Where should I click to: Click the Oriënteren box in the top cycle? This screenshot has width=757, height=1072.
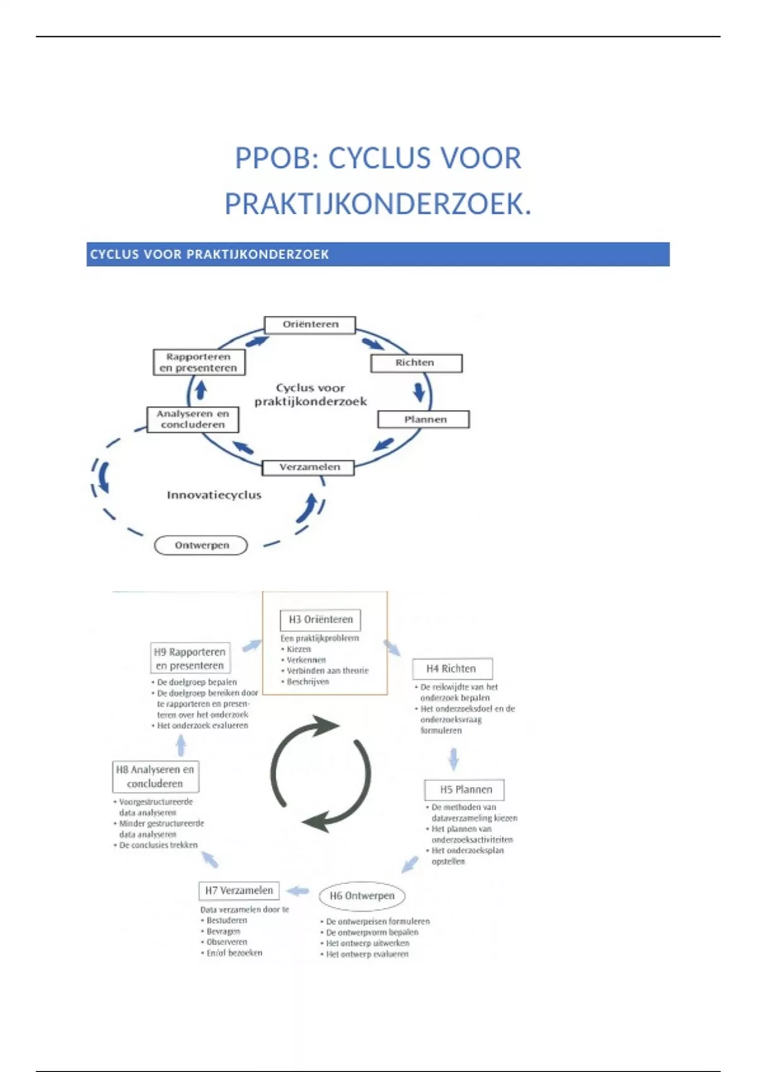(310, 325)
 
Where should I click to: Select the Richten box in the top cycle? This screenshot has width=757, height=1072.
(416, 363)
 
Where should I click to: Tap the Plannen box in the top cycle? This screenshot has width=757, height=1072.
(423, 419)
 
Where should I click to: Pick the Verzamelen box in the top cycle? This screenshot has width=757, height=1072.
(308, 467)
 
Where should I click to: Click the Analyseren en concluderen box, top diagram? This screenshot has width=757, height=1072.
(192, 419)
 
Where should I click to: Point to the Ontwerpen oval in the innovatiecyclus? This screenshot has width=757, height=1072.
(201, 545)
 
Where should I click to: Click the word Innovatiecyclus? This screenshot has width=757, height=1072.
(214, 495)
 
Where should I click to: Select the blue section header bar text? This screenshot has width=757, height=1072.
(209, 254)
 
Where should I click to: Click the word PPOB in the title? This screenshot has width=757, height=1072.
(272, 158)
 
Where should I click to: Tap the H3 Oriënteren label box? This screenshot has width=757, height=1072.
(320, 620)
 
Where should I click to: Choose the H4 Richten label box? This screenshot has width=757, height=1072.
(452, 669)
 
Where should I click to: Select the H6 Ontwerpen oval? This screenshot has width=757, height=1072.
(361, 896)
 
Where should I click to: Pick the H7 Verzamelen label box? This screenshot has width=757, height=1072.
(238, 891)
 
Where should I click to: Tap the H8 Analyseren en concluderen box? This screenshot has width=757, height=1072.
(155, 776)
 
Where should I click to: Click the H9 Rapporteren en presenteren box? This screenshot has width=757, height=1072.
(190, 658)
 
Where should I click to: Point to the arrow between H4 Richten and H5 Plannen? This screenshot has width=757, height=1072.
(453, 759)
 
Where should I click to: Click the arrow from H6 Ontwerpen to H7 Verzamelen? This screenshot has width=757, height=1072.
(298, 891)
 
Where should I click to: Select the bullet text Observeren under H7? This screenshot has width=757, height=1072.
(226, 942)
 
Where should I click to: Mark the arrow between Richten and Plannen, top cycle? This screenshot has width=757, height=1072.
(419, 392)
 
